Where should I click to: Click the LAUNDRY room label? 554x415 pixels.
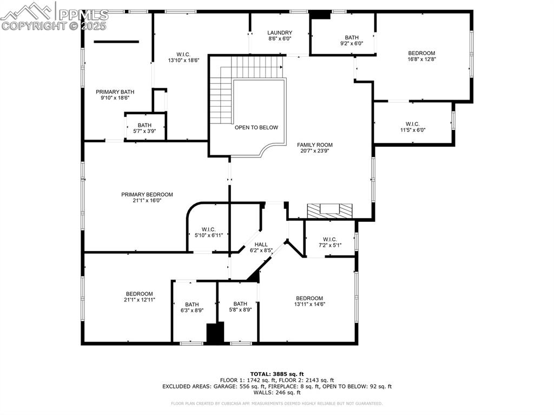pyautogui.click(x=279, y=33)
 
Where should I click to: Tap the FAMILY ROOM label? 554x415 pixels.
pyautogui.click(x=314, y=145)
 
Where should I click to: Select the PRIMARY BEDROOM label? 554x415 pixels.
pyautogui.click(x=147, y=195)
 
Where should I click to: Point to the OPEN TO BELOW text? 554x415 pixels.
pyautogui.click(x=256, y=128)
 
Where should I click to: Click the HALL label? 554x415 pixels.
pyautogui.click(x=261, y=245)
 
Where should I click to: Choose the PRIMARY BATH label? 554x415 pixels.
pyautogui.click(x=115, y=92)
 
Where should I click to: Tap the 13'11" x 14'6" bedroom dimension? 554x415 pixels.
pyautogui.click(x=309, y=304)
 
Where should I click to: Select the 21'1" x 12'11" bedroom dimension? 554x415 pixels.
pyautogui.click(x=140, y=300)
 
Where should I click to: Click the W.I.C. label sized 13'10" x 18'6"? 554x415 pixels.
pyautogui.click(x=183, y=54)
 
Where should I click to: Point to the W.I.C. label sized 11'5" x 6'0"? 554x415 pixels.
pyautogui.click(x=412, y=124)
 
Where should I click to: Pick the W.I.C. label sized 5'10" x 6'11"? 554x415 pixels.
pyautogui.click(x=209, y=229)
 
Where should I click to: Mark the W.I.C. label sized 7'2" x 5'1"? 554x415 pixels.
pyautogui.click(x=329, y=239)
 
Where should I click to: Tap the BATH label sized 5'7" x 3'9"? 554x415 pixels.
pyautogui.click(x=144, y=125)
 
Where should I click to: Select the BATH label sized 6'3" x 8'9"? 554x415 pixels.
pyautogui.click(x=192, y=304)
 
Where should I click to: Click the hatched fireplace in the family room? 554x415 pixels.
pyautogui.click(x=329, y=210)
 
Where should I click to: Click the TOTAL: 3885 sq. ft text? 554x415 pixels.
pyautogui.click(x=277, y=374)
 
